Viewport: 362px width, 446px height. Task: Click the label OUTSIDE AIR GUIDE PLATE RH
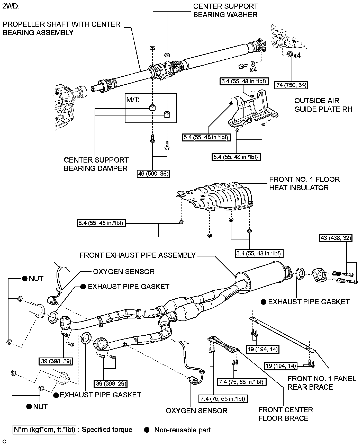(323, 105)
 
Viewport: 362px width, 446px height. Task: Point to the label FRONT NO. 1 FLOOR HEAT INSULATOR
(304, 183)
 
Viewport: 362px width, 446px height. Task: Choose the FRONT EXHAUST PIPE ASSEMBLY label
(138, 255)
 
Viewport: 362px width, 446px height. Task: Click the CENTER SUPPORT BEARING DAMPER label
(96, 164)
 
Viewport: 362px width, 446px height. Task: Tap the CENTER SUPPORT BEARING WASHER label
(225, 11)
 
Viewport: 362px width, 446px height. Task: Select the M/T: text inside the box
(133, 100)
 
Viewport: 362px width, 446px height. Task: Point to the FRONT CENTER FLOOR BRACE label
(285, 414)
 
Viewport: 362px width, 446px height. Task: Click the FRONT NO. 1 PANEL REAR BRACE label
(321, 383)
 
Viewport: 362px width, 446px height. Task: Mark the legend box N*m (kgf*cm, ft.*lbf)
(44, 430)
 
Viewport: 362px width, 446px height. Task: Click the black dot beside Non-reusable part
(147, 430)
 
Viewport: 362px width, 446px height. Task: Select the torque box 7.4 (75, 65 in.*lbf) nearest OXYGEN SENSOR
(223, 399)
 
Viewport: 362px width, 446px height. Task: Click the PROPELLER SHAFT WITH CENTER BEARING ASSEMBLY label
(61, 28)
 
